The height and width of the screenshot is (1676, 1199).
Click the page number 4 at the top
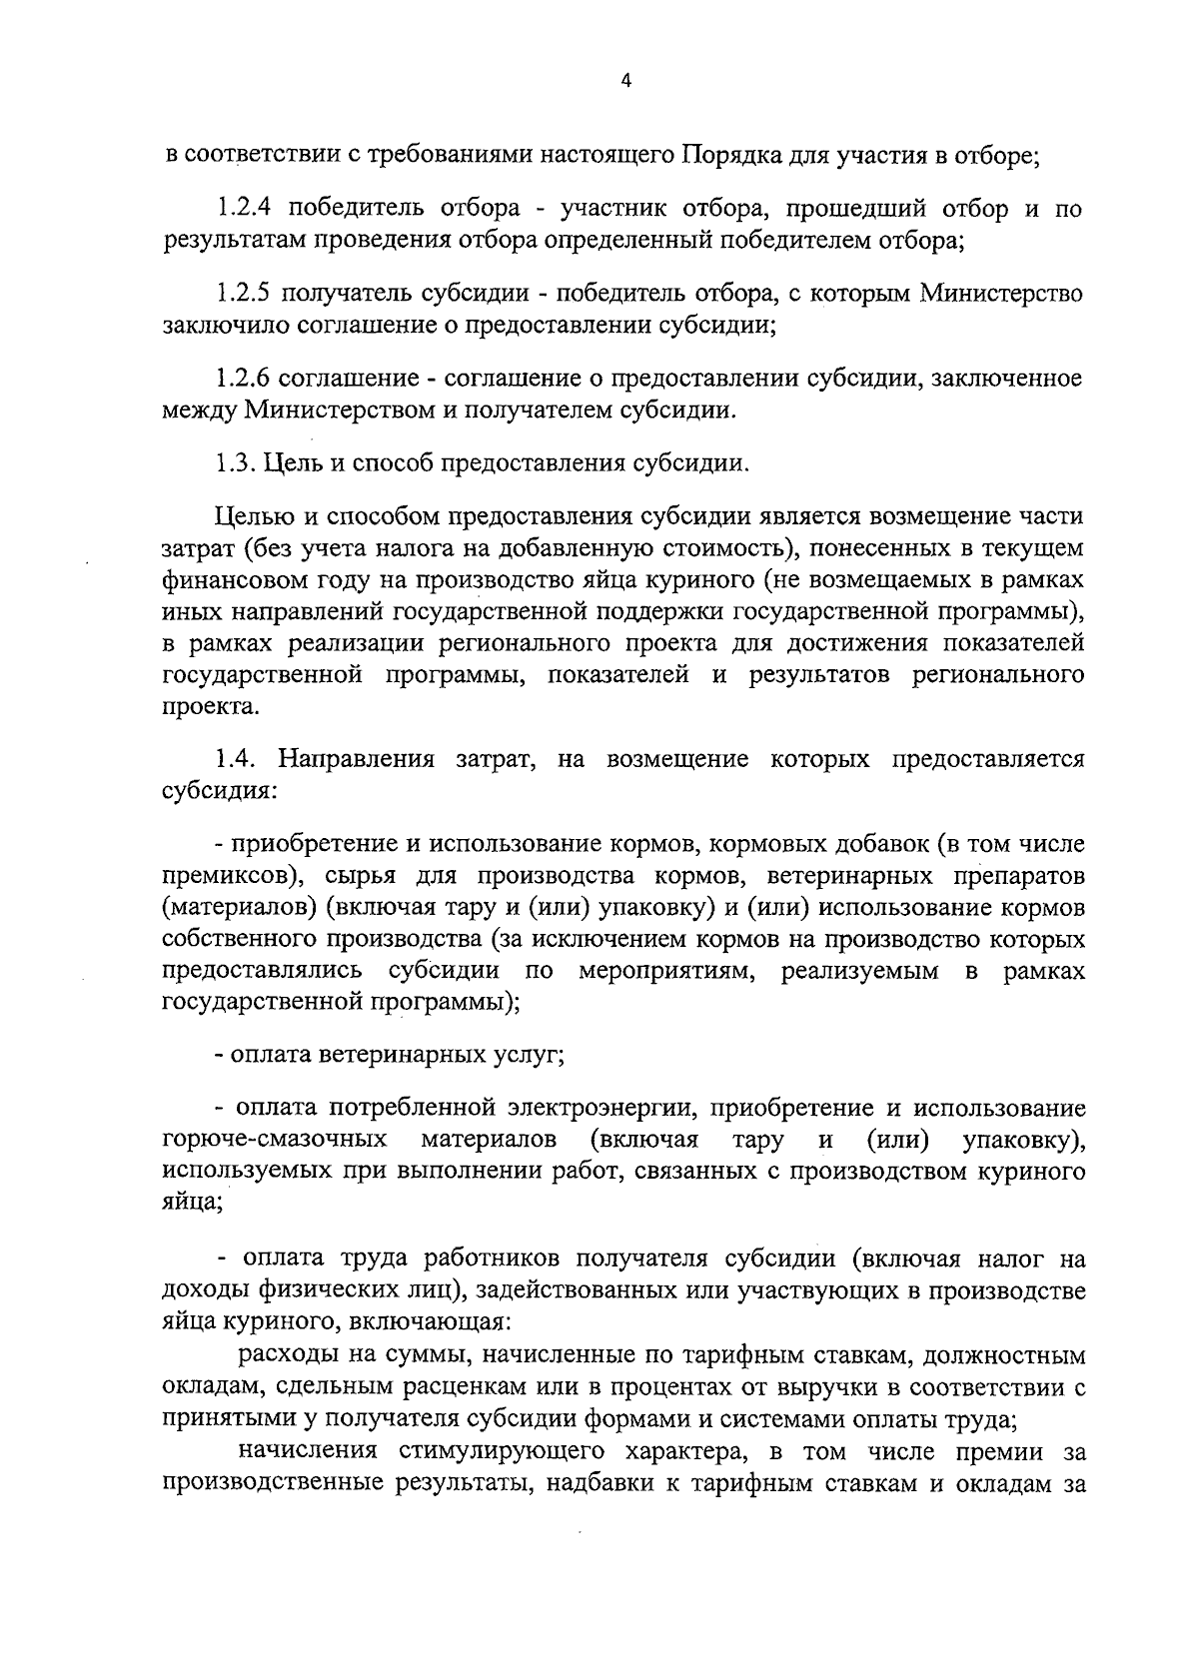[x=625, y=83]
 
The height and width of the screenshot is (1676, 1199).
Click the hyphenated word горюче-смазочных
[x=275, y=1140]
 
